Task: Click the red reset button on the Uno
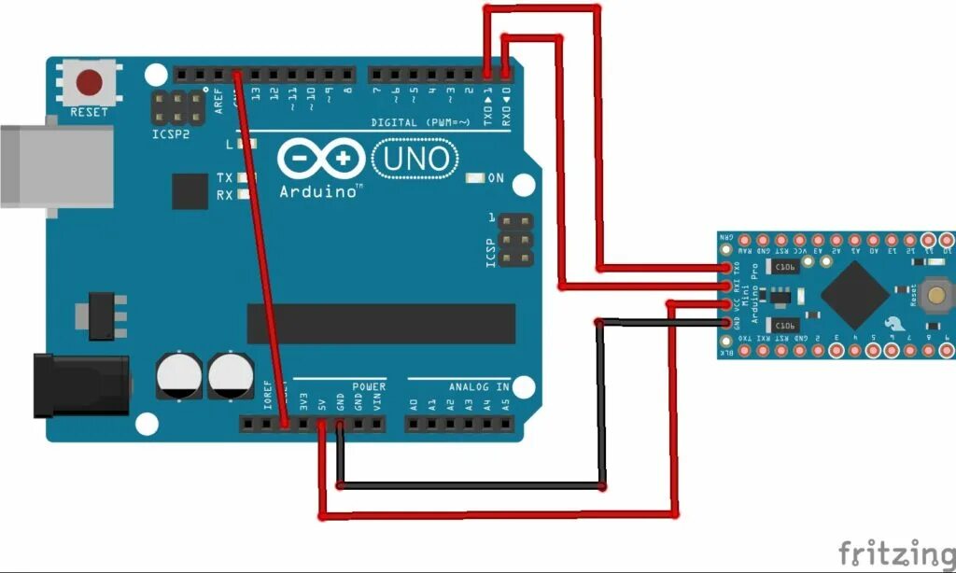[90, 82]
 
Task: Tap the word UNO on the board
[415, 159]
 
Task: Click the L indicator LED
[246, 144]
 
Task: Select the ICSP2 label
[170, 133]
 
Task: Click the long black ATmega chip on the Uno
[381, 323]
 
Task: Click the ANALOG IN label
[479, 386]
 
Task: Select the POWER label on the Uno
[369, 386]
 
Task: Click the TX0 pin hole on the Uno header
[487, 73]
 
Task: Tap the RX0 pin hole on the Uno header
[505, 73]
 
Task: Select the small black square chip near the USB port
[190, 191]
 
